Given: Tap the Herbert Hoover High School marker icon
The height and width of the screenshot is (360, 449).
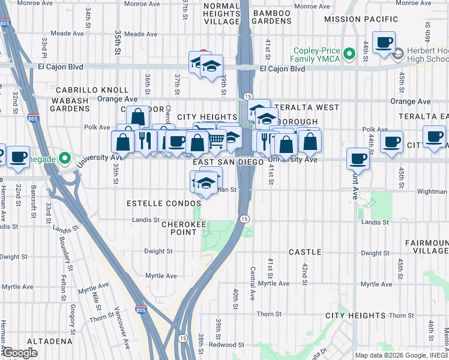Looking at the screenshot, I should pyautogui.click(x=397, y=55).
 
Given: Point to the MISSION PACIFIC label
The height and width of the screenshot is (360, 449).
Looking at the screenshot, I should pyautogui.click(x=361, y=19).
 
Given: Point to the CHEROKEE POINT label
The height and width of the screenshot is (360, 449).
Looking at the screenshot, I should pyautogui.click(x=179, y=227).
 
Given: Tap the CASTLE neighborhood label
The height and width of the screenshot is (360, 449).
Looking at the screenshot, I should pyautogui.click(x=305, y=252).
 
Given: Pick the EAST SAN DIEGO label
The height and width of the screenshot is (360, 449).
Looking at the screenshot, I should pyautogui.click(x=228, y=163).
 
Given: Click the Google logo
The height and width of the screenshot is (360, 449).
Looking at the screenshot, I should pyautogui.click(x=20, y=353).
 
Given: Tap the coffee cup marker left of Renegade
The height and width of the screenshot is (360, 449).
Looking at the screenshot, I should pyautogui.click(x=17, y=155).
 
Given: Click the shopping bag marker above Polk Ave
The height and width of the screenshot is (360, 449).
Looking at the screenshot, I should pyautogui.click(x=137, y=116).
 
